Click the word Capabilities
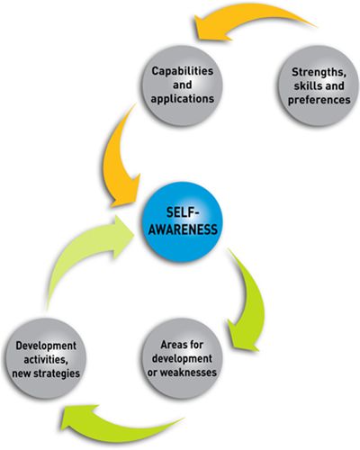coord(183,71)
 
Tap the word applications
coord(183,99)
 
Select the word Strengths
coord(319,73)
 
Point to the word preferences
coord(319,100)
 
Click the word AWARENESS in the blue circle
coord(183,229)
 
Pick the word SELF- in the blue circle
coord(183,212)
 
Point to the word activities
coord(45,359)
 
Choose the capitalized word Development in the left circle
coord(46,346)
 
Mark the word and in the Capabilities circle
coord(183,85)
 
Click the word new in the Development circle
coord(22,374)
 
